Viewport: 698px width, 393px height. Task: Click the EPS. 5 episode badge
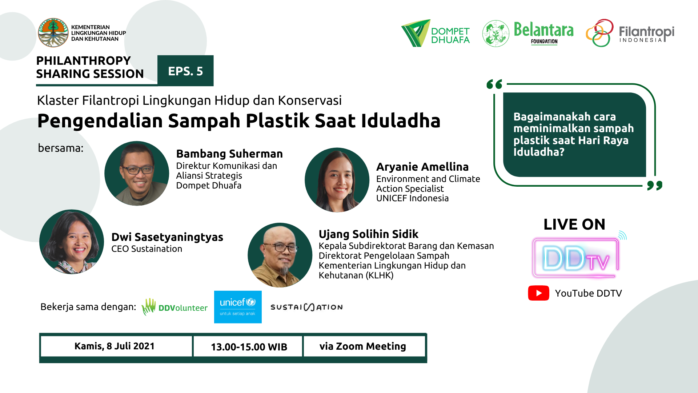[x=185, y=71]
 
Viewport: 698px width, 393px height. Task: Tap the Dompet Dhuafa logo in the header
[x=435, y=33]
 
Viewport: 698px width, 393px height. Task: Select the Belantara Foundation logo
[x=528, y=33]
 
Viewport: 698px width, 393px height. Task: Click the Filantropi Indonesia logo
[x=630, y=33]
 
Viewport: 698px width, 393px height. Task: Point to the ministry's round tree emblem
[x=53, y=33]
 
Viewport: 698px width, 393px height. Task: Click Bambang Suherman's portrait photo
[x=137, y=174]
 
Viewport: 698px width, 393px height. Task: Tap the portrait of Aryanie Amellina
[x=337, y=180]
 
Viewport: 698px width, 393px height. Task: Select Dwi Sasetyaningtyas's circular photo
[x=72, y=242]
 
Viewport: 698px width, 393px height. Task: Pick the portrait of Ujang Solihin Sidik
[x=280, y=255]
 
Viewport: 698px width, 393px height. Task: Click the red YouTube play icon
[x=538, y=293]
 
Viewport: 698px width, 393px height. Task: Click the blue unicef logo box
[x=238, y=307]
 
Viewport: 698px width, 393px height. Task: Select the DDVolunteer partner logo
[x=174, y=307]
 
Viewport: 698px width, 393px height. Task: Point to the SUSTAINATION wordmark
[x=306, y=307]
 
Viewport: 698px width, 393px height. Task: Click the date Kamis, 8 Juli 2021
[x=115, y=346]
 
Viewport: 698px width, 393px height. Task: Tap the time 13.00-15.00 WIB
[x=249, y=347]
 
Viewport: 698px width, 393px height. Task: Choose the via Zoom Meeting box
[x=364, y=346]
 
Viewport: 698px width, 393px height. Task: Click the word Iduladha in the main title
[x=401, y=121]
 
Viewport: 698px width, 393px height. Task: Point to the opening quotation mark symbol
[x=494, y=84]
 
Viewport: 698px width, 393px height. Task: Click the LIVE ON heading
[x=574, y=224]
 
